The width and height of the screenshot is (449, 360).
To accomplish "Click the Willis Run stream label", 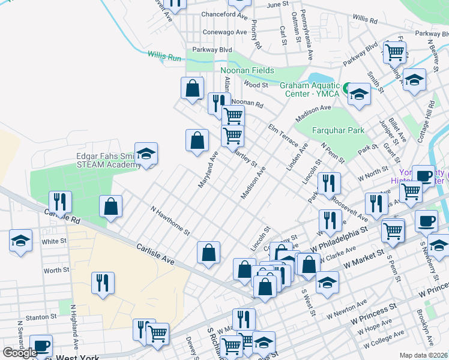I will (164, 55).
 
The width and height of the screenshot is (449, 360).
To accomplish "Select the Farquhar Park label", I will (338, 130).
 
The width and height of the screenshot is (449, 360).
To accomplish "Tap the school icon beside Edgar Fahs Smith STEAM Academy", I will (146, 154).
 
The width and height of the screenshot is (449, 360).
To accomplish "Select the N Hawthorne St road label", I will (170, 221).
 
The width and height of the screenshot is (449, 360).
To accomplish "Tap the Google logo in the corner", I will (20, 353).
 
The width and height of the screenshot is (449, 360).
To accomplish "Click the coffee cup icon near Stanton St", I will (41, 346).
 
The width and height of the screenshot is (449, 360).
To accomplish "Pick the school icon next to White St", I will (20, 242).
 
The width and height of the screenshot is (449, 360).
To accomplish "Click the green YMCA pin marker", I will (345, 86).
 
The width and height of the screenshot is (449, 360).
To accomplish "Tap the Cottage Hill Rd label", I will (430, 118).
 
